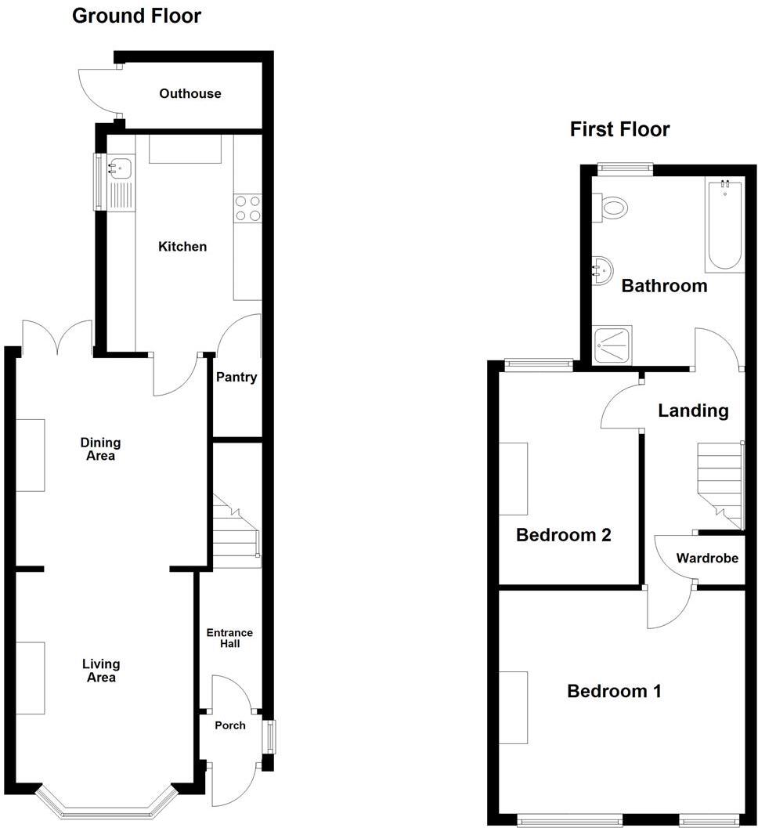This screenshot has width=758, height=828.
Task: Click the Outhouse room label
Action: [189, 94]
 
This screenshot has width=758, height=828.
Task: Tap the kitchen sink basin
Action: [121, 166]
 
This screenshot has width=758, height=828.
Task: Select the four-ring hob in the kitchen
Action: [247, 208]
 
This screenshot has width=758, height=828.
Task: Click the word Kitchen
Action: [182, 247]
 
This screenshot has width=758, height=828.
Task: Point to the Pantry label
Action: [236, 378]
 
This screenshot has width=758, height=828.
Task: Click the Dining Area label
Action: [99, 450]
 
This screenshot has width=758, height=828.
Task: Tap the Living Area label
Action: [101, 671]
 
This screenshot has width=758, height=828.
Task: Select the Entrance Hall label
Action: [229, 638]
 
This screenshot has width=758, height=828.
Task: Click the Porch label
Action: [230, 725]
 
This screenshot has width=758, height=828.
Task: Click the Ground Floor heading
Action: [136, 16]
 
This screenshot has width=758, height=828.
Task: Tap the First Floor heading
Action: [619, 129]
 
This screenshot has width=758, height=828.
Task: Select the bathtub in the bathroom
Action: [725, 227]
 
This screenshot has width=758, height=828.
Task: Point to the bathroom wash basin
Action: [601, 270]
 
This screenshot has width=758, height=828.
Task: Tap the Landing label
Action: [693, 410]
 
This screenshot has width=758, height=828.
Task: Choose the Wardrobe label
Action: [707, 559]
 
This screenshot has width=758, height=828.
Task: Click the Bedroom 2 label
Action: [563, 536]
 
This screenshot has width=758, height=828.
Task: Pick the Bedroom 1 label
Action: [614, 692]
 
